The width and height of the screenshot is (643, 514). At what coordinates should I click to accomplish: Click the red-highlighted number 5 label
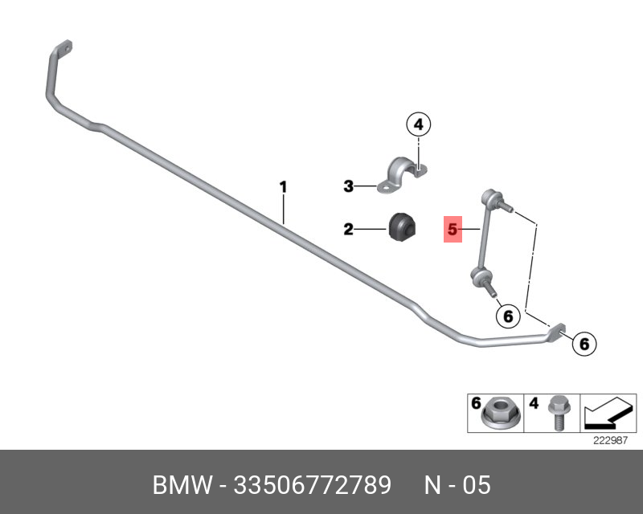(453, 229)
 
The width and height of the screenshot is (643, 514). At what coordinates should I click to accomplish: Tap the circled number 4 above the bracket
(418, 124)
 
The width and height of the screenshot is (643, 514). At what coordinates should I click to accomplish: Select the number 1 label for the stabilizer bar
(283, 187)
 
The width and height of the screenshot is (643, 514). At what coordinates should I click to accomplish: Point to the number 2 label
(348, 229)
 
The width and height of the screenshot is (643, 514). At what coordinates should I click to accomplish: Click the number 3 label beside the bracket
(348, 186)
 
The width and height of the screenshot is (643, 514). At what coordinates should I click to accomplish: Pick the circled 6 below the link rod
(508, 316)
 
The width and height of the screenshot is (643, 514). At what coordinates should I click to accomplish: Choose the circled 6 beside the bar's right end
(584, 344)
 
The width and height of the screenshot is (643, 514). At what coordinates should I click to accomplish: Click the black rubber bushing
(402, 227)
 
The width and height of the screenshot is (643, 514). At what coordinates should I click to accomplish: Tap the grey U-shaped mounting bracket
(403, 175)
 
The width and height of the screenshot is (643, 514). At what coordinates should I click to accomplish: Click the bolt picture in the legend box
(557, 412)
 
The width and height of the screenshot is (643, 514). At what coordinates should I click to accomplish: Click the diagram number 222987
(611, 440)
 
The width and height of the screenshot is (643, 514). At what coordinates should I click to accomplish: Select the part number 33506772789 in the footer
(313, 485)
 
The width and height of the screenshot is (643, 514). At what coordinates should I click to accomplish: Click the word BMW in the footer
(183, 485)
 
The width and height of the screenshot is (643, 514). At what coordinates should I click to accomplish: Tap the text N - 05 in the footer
(457, 485)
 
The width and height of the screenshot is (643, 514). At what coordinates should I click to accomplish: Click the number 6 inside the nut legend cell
(476, 403)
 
